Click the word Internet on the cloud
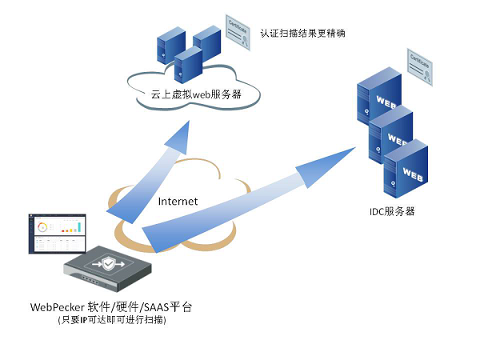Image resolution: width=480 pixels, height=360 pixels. (x=178, y=201)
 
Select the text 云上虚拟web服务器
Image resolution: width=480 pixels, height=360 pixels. (x=197, y=94)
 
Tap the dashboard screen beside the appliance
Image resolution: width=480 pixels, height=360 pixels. (x=57, y=234)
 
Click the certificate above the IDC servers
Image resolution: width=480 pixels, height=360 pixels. (x=422, y=67)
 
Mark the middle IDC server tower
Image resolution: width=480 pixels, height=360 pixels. (x=392, y=136)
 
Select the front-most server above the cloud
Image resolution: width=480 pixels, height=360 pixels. (x=188, y=64)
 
